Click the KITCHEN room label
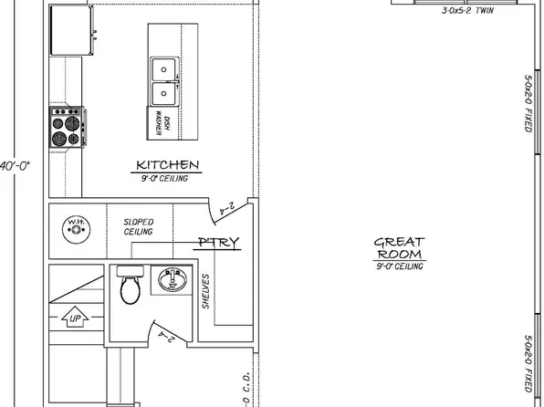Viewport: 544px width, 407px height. pos(167,165)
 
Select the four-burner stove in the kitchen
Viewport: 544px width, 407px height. pos(67,126)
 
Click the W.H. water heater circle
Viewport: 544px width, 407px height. pos(73,226)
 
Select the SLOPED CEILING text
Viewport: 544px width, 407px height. pos(139,227)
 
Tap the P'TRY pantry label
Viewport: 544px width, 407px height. pos(218,242)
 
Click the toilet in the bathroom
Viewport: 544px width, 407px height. pos(129,286)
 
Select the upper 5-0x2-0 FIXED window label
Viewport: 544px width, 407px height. pos(528,103)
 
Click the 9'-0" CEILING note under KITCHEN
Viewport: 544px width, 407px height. pos(165,179)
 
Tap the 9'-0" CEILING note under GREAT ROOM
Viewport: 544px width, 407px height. pos(399,266)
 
